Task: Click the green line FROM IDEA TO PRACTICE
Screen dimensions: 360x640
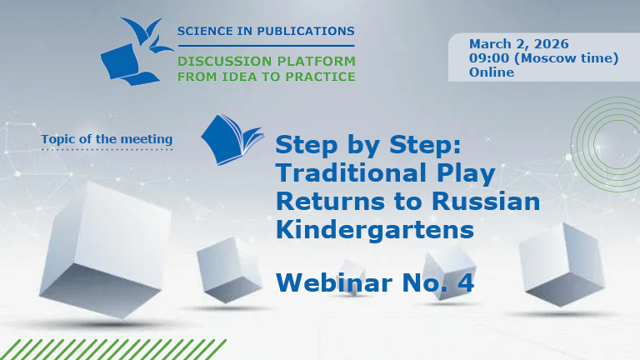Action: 266,77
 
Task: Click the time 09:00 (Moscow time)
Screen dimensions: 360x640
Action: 543,58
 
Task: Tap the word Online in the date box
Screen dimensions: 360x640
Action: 492,72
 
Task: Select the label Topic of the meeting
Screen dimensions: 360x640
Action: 107,139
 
